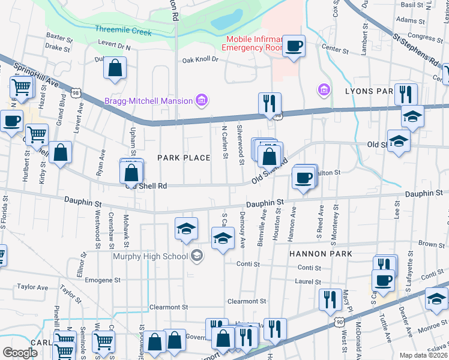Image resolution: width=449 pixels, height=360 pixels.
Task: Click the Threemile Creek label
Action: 123,31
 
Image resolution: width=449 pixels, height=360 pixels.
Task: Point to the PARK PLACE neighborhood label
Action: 184,158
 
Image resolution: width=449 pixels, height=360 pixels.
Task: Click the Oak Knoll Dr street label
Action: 200,60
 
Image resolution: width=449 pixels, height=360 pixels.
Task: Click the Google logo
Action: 20,353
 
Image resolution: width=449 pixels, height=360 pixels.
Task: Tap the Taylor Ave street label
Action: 32,287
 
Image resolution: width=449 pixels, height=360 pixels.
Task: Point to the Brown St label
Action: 432,244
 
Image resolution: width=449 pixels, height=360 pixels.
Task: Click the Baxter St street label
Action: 59,36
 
